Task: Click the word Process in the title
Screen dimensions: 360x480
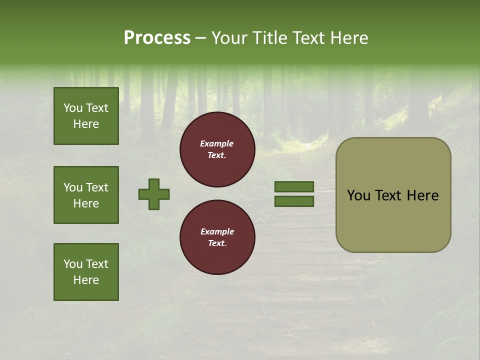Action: [x=157, y=38]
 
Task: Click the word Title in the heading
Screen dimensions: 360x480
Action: [x=269, y=38]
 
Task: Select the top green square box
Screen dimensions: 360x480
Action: [x=86, y=116]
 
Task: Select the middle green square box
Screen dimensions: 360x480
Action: [x=86, y=195]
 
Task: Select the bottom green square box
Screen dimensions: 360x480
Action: [x=86, y=272]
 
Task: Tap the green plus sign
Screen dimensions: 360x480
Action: [x=154, y=194]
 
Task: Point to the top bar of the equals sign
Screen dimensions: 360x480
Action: [x=294, y=187]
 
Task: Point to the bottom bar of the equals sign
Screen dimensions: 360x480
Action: [x=294, y=201]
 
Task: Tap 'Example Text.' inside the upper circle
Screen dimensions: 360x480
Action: [x=217, y=149]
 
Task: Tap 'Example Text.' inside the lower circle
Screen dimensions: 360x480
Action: [x=217, y=237]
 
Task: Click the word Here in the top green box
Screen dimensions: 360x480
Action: [x=86, y=124]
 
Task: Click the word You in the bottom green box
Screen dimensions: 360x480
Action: [x=73, y=264]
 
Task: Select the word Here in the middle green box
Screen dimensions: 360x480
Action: [x=86, y=203]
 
